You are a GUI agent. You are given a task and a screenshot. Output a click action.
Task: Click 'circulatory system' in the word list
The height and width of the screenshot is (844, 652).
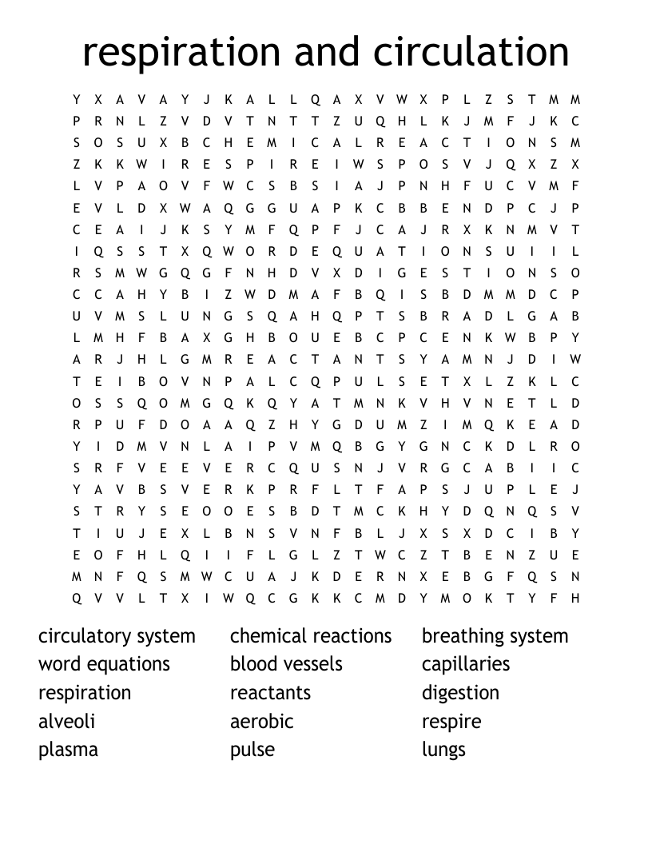[117, 636]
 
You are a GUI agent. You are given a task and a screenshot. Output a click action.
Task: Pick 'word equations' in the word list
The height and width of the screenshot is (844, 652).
[104, 664]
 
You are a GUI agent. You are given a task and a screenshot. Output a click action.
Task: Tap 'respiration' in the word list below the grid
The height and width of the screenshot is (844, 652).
[85, 693]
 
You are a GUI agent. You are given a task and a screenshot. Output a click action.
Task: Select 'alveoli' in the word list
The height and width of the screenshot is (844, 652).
[66, 721]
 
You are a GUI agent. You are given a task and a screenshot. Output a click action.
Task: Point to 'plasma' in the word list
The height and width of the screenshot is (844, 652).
[68, 750]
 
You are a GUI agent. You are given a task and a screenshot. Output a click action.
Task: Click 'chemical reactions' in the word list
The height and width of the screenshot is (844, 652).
[311, 636]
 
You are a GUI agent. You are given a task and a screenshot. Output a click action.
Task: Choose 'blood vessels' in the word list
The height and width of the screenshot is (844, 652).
[286, 664]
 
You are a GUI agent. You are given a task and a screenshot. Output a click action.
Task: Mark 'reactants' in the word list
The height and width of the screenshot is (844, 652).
[270, 693]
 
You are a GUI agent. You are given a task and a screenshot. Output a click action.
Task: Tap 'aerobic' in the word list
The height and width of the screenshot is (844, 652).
[261, 721]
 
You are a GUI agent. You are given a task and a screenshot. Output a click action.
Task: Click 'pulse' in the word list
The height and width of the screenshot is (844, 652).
[252, 750]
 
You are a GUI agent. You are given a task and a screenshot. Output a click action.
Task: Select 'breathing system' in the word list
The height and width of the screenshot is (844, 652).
[495, 636]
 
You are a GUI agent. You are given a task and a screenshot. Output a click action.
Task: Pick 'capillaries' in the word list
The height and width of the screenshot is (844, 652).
[465, 664]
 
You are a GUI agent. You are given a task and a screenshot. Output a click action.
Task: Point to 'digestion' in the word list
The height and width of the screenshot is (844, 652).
[460, 693]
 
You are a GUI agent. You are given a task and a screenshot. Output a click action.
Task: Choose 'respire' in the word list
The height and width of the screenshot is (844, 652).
[451, 721]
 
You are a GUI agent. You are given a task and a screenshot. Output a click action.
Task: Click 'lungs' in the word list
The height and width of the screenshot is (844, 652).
[443, 750]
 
